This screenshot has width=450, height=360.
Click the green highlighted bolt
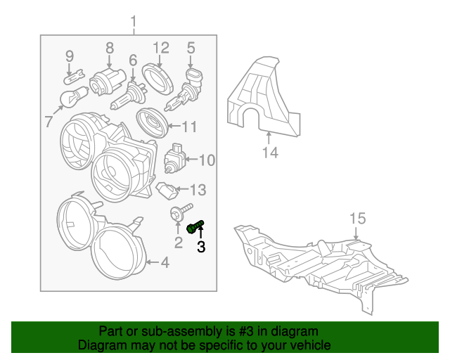coord(195,227)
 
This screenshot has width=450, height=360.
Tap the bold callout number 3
coord(201,247)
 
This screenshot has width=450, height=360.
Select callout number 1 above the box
coord(134,22)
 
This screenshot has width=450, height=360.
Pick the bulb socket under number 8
coord(108,81)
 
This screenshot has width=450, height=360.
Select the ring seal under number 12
coord(157,79)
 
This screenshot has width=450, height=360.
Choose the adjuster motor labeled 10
coord(174,158)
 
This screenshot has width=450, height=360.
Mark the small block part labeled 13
coord(167,191)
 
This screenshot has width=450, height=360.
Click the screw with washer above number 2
coord(181,212)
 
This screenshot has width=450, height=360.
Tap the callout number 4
coord(165,262)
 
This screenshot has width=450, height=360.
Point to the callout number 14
coord(270,153)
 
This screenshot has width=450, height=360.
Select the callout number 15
coord(358,219)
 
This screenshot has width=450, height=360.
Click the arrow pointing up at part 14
coord(269,138)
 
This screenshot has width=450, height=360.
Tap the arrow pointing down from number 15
coord(356,233)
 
